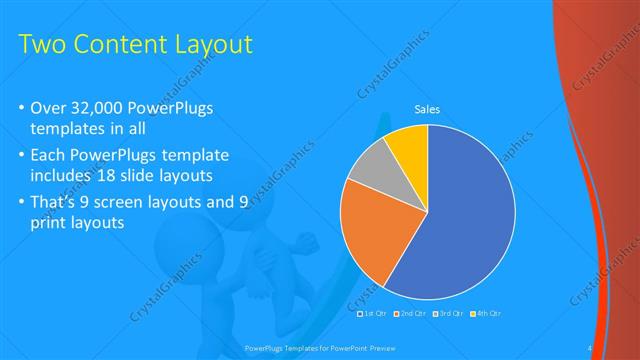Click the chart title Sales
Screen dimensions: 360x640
pos(427,110)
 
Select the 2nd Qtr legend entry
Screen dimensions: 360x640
pos(412,314)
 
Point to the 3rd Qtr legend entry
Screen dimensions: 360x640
pos(451,314)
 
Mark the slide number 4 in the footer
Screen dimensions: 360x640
pos(591,348)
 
